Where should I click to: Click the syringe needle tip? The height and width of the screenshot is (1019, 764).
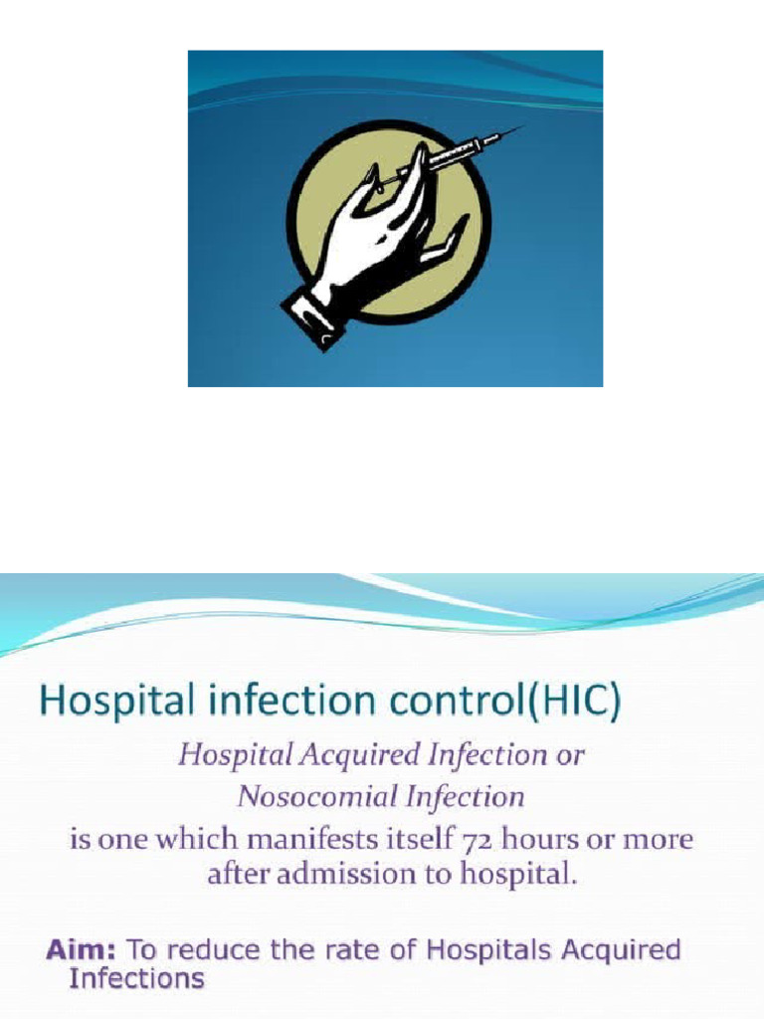(522, 127)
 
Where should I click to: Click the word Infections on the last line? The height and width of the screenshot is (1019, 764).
(136, 978)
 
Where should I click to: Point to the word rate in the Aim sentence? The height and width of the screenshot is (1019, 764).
(316, 949)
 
